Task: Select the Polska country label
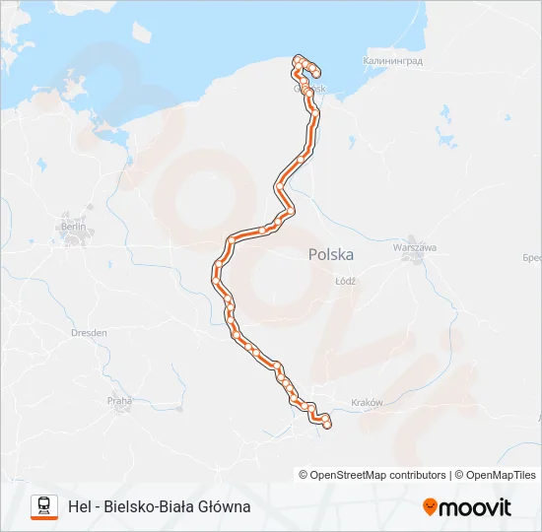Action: coord(330,254)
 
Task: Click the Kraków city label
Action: coord(366,403)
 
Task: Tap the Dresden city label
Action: coord(89,333)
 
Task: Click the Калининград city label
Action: coord(392,61)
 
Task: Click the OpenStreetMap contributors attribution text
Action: coord(378,475)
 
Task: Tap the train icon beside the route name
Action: coord(44,506)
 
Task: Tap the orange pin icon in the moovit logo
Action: coord(430,507)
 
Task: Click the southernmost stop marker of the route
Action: coord(326,425)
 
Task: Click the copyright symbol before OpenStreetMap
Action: coord(305,475)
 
